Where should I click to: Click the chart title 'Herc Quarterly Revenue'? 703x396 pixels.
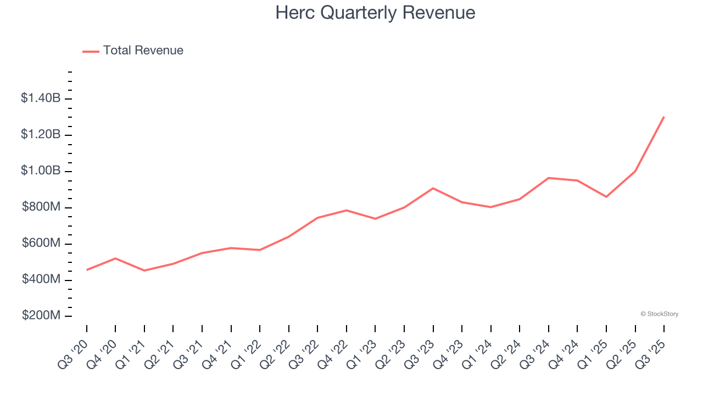[375, 13]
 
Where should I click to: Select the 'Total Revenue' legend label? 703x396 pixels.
[143, 51]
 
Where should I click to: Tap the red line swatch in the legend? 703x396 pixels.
[91, 51]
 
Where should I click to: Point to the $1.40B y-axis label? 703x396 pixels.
[41, 98]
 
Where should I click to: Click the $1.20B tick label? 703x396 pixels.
[41, 135]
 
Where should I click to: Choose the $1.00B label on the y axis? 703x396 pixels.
[41, 171]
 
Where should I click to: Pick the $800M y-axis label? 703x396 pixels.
[41, 207]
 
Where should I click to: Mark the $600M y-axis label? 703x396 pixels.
[41, 244]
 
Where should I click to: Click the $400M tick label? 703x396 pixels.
[41, 280]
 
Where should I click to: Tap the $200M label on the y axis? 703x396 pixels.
[41, 316]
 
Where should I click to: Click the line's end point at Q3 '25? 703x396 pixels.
[664, 117]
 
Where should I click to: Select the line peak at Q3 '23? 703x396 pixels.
[433, 188]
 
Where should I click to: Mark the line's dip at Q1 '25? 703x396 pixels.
[606, 196]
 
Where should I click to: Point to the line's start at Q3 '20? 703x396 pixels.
[87, 270]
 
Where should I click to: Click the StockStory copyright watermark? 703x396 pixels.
[659, 314]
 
